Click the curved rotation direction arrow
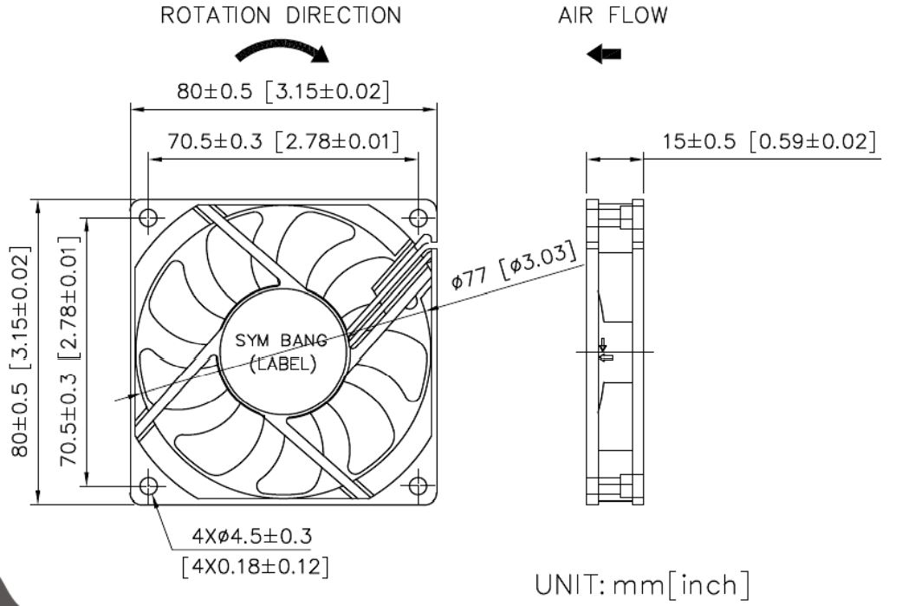(282, 46)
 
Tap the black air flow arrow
(603, 54)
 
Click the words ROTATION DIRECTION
(281, 15)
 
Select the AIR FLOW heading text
(613, 15)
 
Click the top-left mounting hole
(148, 218)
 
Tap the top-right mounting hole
(419, 218)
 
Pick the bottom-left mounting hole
(148, 486)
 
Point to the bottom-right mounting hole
(419, 486)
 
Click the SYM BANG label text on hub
(281, 341)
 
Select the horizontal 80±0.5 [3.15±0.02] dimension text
(283, 91)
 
